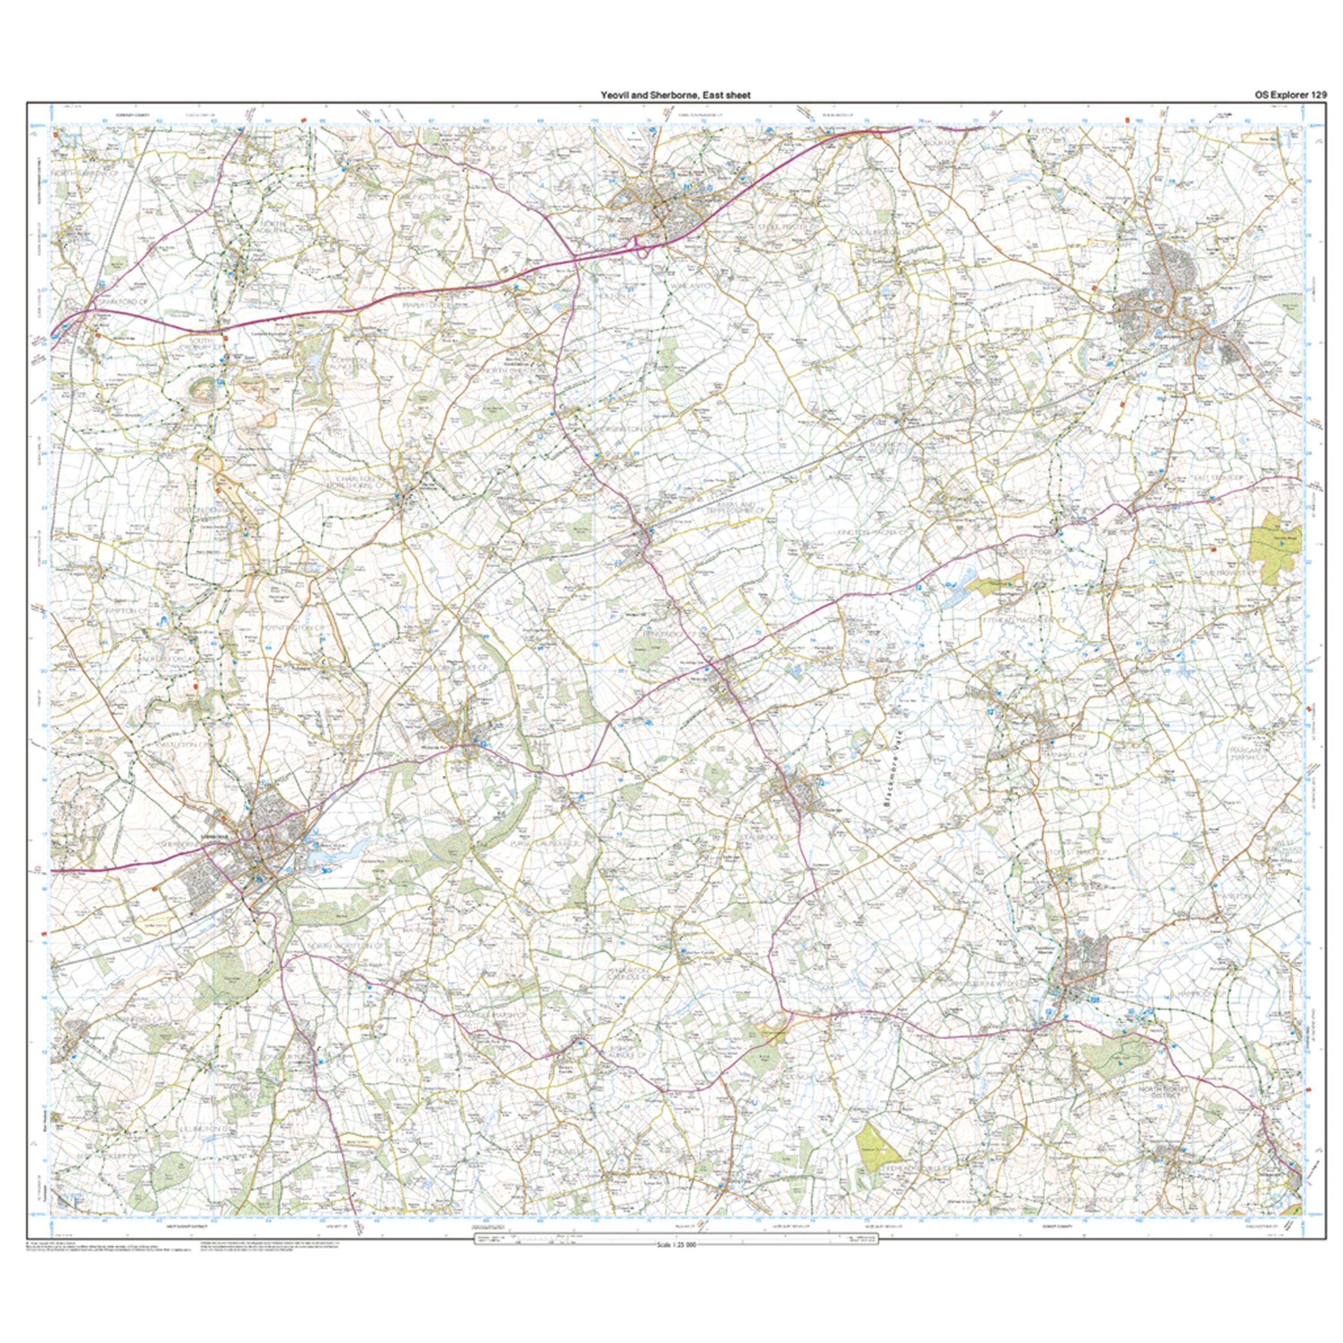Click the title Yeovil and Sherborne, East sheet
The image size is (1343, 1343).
(x=676, y=95)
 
